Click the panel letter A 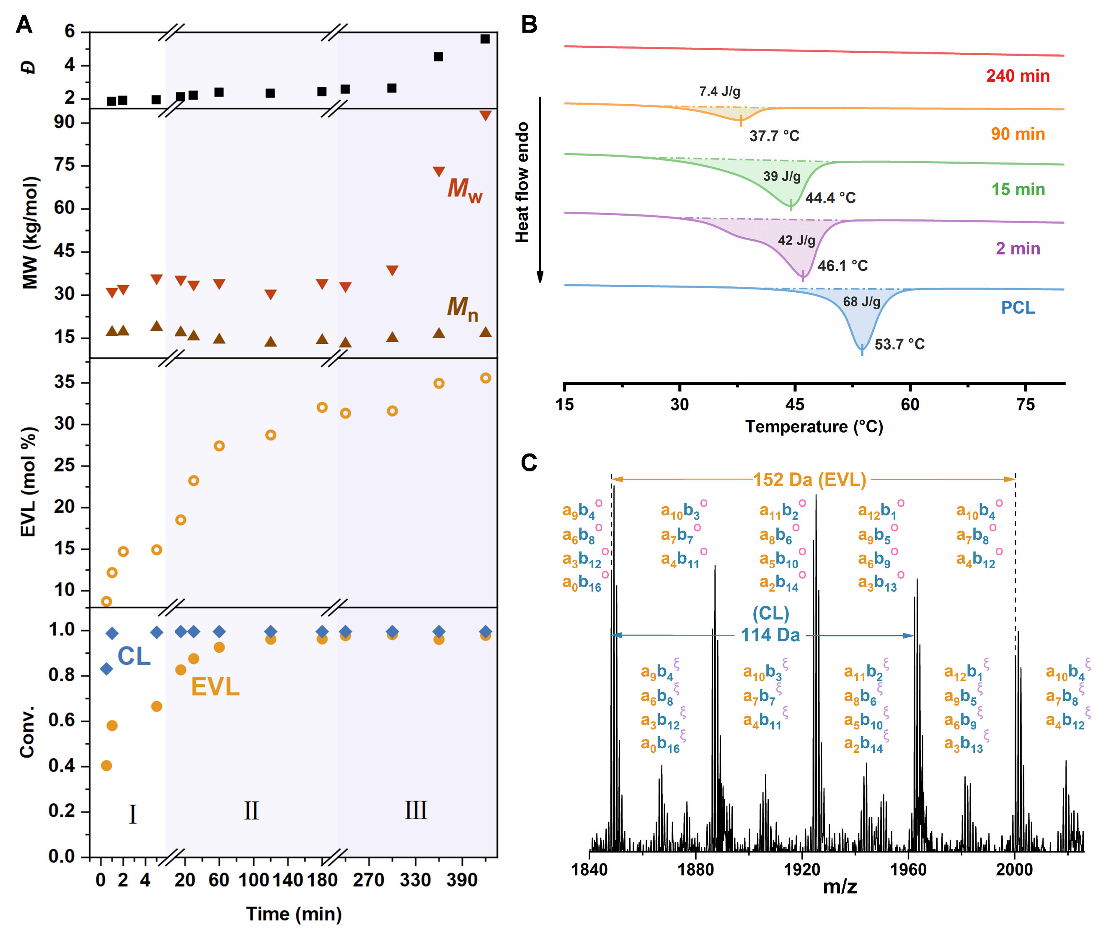[x=24, y=24]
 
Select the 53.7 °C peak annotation [x=899, y=344]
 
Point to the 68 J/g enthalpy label [x=861, y=301]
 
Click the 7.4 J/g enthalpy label [x=719, y=92]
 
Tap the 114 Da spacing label [x=770, y=635]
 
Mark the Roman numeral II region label [x=251, y=811]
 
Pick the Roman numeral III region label [x=416, y=810]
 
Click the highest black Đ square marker [x=485, y=39]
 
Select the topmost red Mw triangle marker [x=485, y=116]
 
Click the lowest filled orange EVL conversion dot [x=106, y=765]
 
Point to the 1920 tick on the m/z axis [x=802, y=869]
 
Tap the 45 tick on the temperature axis [x=794, y=405]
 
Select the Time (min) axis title [x=294, y=914]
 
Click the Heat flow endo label [x=522, y=183]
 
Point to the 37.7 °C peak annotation [x=774, y=136]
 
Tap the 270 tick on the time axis [x=368, y=879]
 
